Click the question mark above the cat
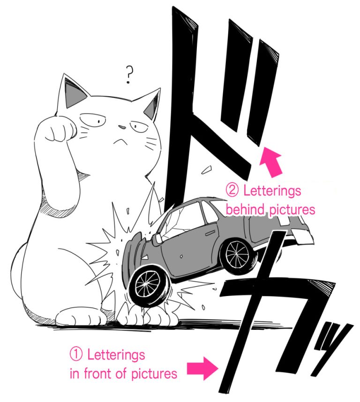[x=129, y=74]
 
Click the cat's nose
[x=121, y=126]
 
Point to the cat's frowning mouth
[x=120, y=140]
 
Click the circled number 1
[x=76, y=354]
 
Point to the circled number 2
[x=232, y=191]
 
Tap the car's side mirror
[x=158, y=238]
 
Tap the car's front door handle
[x=180, y=256]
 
